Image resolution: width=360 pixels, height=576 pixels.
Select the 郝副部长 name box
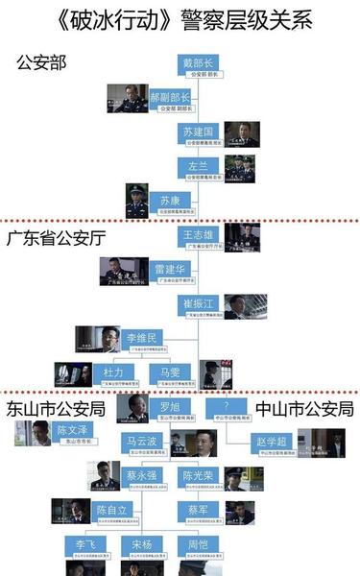172,101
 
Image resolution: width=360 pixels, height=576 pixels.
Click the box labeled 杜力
115,375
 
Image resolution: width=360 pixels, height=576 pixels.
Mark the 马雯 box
171,375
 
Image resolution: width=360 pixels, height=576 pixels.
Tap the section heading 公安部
42,61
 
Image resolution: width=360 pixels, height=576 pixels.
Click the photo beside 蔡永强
105,477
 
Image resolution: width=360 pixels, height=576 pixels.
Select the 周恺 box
200,547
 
